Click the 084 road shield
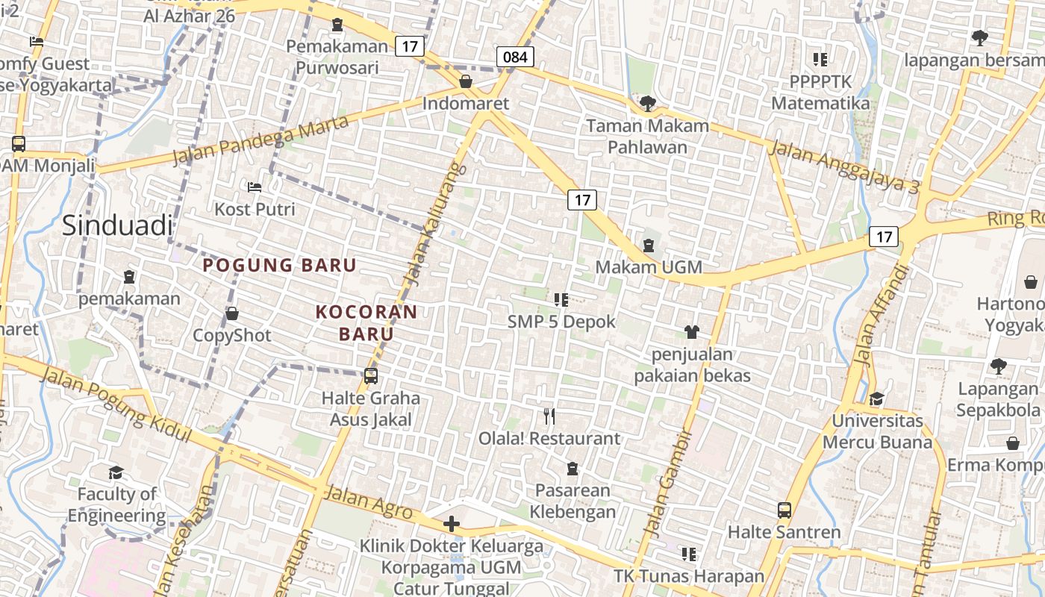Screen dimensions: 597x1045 click(515, 57)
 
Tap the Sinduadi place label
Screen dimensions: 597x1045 click(117, 225)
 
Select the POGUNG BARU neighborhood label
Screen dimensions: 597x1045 click(280, 265)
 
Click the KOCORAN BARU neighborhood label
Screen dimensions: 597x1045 click(366, 322)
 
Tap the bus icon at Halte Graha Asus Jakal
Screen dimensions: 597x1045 click(371, 376)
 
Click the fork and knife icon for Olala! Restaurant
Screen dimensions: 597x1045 click(549, 416)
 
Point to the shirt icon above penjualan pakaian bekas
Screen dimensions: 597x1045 click(692, 331)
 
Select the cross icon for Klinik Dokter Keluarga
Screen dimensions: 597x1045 click(451, 524)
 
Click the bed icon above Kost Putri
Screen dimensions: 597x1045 click(255, 187)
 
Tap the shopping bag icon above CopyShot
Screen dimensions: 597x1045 click(232, 313)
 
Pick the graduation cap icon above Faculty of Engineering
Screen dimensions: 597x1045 click(116, 472)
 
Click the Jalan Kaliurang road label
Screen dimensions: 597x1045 click(434, 224)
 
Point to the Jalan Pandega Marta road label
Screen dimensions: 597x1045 click(261, 140)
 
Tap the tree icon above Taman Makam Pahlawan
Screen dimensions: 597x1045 click(647, 103)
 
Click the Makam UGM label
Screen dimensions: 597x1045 click(649, 266)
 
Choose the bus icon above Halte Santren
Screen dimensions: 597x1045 click(784, 510)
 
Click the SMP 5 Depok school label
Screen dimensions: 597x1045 click(561, 322)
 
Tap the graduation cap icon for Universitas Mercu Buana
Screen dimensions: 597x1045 click(876, 399)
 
